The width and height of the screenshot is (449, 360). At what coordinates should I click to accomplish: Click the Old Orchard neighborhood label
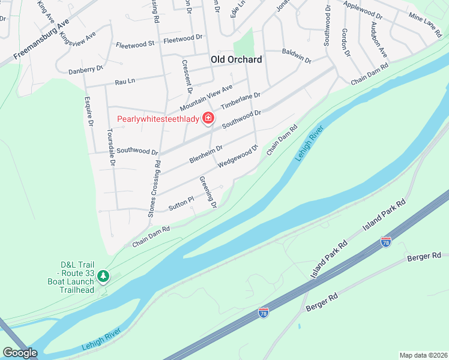coord(237,59)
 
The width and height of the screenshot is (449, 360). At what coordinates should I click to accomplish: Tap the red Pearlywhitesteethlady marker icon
coord(208,118)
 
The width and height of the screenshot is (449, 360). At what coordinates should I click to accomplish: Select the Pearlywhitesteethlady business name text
coord(158,119)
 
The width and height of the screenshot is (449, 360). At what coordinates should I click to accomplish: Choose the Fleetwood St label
coord(135,44)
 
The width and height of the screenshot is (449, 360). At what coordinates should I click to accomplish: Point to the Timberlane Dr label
coord(240,101)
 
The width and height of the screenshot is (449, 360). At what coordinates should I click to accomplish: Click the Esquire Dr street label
coord(89,111)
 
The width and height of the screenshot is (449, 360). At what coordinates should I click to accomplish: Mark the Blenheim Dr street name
coord(206,154)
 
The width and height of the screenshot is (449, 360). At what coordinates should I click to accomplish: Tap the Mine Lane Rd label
coord(424,24)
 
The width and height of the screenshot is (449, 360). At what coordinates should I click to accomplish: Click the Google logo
coord(20,353)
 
